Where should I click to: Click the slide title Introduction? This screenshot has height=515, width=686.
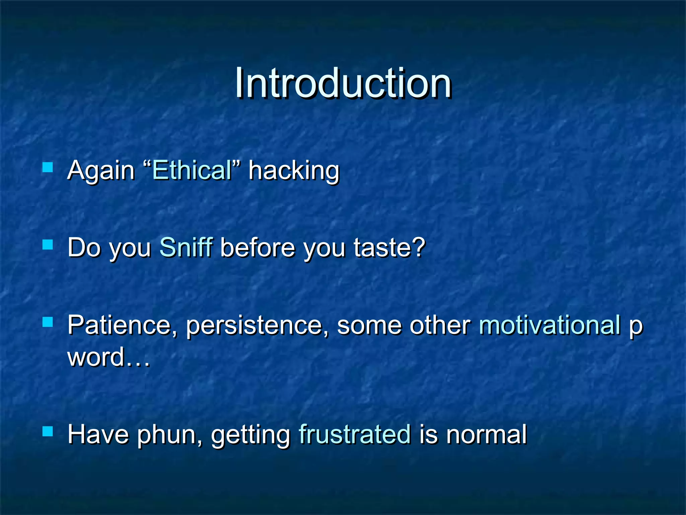[x=343, y=83]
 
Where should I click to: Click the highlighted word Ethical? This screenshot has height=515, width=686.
[x=192, y=170]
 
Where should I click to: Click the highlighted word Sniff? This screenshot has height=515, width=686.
[x=186, y=247]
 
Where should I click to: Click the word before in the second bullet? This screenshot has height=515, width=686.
[x=258, y=247]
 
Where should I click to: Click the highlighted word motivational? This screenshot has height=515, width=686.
[x=550, y=325]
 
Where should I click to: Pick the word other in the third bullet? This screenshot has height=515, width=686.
[x=440, y=325]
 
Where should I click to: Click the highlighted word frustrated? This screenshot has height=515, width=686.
[x=355, y=435]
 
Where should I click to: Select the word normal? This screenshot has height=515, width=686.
[x=486, y=435]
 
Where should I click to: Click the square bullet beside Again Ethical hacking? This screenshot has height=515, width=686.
[x=48, y=167]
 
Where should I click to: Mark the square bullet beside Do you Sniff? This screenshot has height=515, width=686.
[x=48, y=244]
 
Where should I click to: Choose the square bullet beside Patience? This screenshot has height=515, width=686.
[x=48, y=322]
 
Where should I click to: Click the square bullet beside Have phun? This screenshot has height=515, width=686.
[x=48, y=431]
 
